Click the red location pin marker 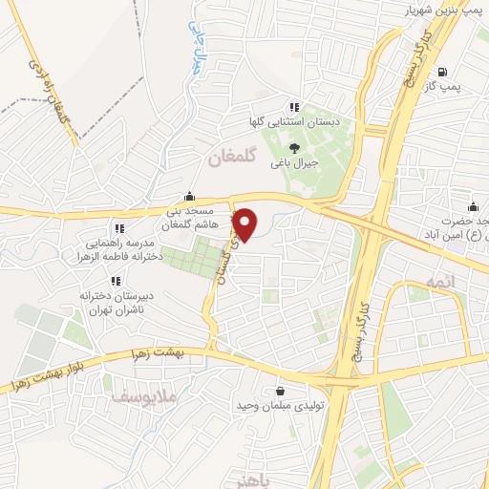[245, 223]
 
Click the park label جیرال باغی [293, 163]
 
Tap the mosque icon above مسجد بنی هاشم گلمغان [192, 195]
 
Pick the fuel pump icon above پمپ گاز [441, 73]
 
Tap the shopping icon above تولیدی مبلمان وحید [279, 391]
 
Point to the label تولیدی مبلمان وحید [282, 407]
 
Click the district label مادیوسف [138, 395]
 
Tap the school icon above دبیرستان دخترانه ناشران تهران [115, 281]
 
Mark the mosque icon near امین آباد [473, 206]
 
